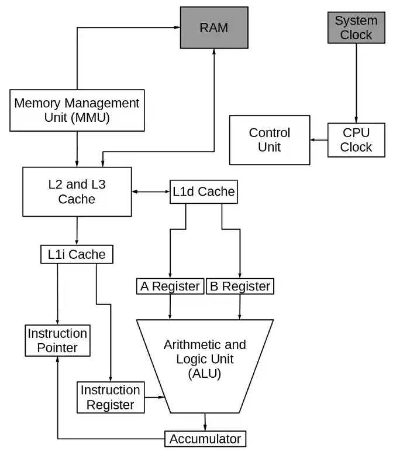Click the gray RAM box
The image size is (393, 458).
click(213, 28)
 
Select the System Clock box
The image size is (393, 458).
click(356, 28)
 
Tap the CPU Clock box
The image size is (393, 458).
click(356, 139)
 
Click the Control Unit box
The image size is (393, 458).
click(269, 140)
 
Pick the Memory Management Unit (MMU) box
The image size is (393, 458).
click(77, 110)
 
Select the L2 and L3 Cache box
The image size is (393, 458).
click(76, 192)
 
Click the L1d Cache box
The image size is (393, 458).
click(203, 192)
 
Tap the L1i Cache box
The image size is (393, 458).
click(77, 254)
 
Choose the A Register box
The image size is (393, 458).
click(170, 286)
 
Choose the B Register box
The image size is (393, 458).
click(240, 286)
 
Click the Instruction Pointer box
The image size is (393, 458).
click(57, 341)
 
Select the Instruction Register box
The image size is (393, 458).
click(110, 397)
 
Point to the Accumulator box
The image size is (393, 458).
click(205, 439)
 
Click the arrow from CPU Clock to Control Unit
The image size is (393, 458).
click(318, 140)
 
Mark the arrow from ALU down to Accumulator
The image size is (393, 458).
click(205, 422)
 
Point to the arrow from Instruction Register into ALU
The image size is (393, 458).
click(155, 398)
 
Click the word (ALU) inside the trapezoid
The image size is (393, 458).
click(205, 373)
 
